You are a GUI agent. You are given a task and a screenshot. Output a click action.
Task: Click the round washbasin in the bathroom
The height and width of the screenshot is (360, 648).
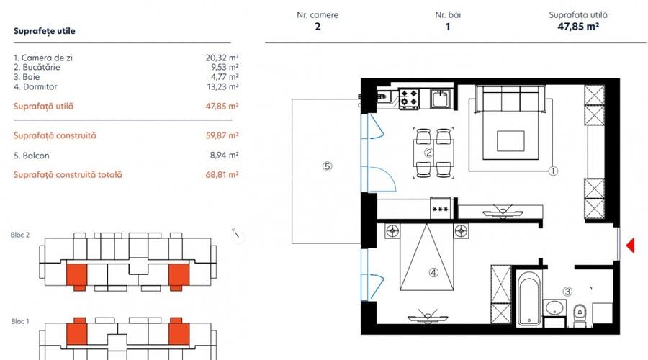click(554, 308)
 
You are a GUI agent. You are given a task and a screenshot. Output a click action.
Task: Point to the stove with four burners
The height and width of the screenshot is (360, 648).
click(410, 98)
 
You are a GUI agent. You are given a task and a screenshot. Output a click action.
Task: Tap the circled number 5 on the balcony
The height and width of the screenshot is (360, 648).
click(327, 166)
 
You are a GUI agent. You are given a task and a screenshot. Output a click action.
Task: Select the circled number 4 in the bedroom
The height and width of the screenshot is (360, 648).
click(433, 272)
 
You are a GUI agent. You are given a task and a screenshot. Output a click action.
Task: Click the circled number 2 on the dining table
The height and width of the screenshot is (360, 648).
click(428, 152)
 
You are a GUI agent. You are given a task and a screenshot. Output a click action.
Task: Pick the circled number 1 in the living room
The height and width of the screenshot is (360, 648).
click(553, 171)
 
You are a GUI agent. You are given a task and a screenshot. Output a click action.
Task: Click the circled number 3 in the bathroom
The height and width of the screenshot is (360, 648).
click(567, 292)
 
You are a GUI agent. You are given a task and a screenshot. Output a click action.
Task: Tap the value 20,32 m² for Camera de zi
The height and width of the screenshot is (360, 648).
click(222, 57)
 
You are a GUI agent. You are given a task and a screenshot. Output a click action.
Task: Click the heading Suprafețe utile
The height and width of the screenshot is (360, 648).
click(45, 31)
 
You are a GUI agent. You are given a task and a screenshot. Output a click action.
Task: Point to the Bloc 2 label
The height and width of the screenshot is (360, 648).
click(21, 235)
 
